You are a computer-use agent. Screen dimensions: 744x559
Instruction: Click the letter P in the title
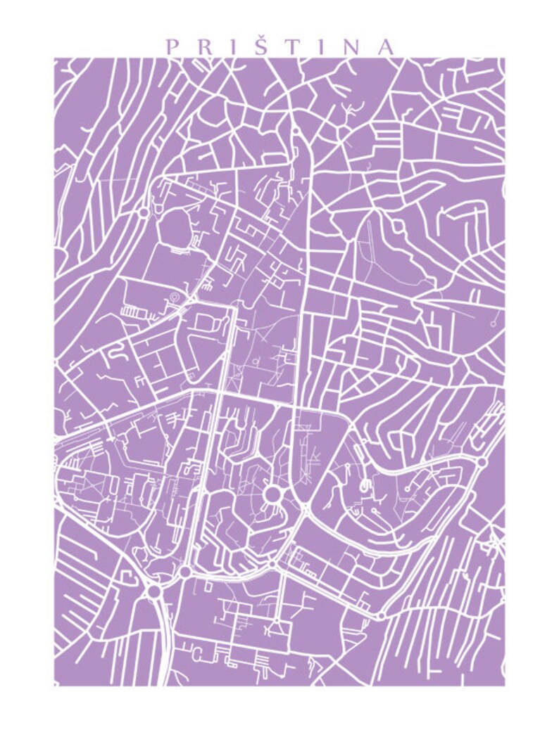click(x=170, y=47)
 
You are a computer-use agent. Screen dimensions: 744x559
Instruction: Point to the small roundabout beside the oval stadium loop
click(x=144, y=211)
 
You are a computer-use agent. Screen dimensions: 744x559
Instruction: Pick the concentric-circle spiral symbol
click(x=171, y=300)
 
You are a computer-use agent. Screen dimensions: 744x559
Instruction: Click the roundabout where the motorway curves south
click(x=153, y=591)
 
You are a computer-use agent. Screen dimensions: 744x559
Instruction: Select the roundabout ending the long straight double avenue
click(x=185, y=572)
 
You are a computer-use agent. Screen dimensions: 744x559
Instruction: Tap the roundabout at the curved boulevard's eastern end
click(x=482, y=462)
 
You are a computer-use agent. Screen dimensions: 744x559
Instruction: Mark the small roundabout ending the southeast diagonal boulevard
click(x=380, y=615)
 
